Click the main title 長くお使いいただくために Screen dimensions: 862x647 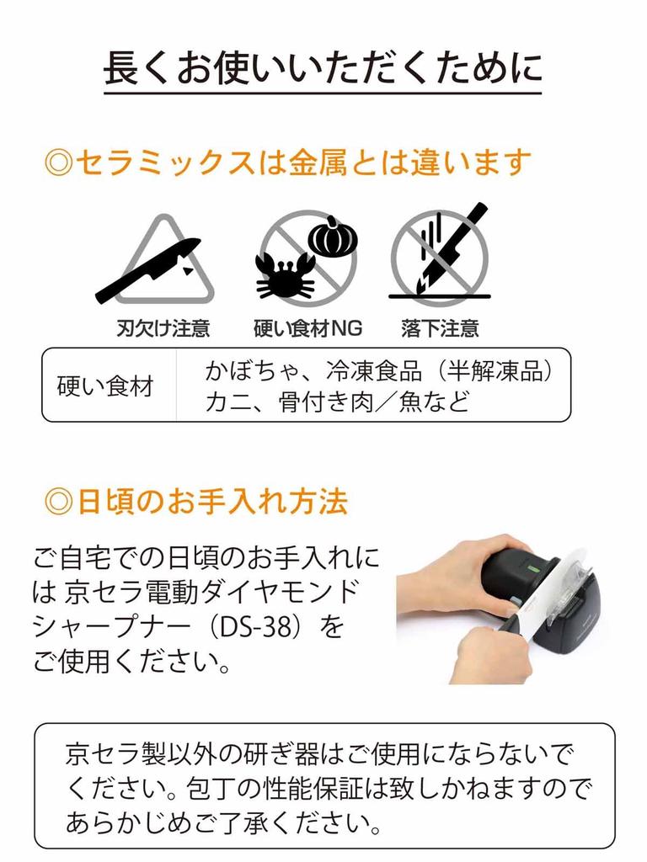pyautogui.click(x=323, y=68)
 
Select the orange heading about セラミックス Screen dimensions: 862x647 pyautogui.click(x=287, y=161)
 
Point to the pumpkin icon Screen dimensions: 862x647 pyautogui.click(x=332, y=237)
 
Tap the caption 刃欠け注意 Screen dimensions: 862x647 pyautogui.click(x=163, y=328)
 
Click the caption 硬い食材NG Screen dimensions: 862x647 pyautogui.click(x=307, y=328)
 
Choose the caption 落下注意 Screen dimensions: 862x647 pyautogui.click(x=440, y=328)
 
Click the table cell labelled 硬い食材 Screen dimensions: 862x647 pyautogui.click(x=105, y=386)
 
